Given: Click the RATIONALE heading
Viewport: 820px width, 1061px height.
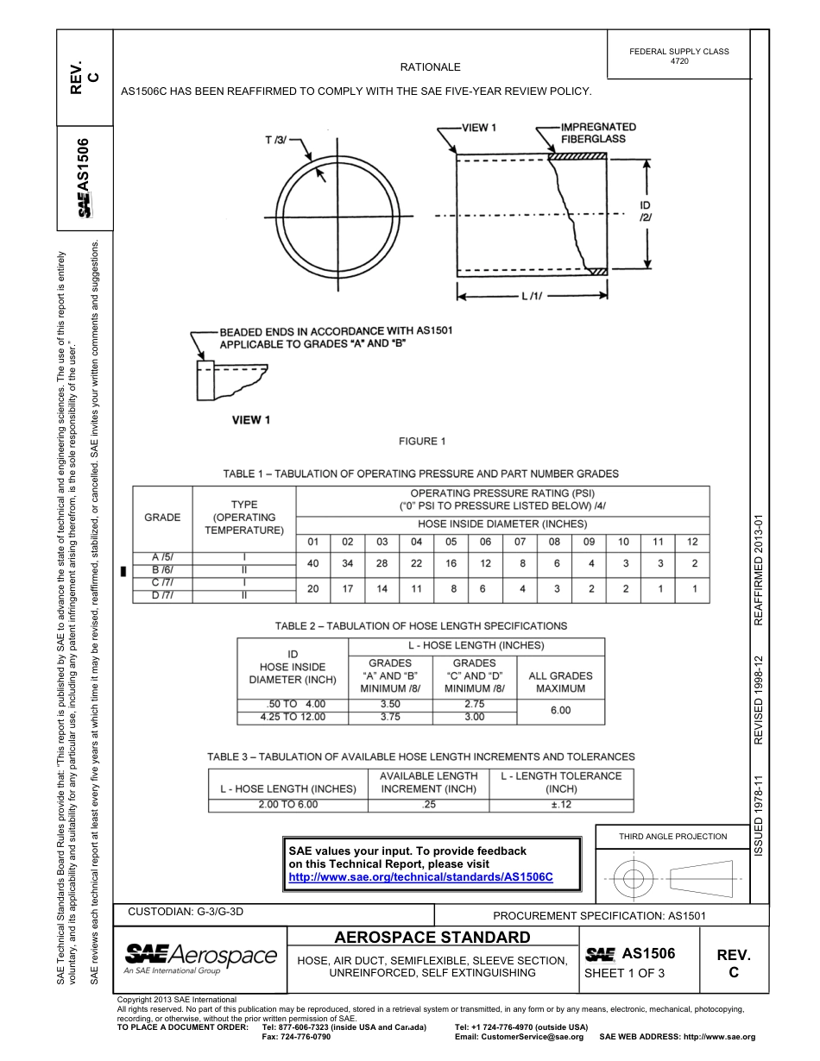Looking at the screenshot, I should (x=430, y=67).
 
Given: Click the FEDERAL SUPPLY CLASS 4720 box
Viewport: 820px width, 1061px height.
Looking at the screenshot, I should (x=678, y=56).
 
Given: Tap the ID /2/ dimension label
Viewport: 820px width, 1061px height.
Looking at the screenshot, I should (x=645, y=211).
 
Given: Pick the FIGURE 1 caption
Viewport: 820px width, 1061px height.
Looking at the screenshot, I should (x=422, y=442).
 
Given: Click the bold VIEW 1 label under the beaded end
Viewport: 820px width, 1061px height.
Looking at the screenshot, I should (x=251, y=420).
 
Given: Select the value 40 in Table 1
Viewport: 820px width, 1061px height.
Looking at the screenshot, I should (x=312, y=563).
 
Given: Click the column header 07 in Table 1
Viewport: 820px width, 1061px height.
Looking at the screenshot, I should (x=520, y=542).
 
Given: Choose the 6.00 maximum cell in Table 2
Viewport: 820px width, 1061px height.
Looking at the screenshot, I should (x=560, y=710).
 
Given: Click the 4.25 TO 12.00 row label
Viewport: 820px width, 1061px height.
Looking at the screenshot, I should (x=293, y=717).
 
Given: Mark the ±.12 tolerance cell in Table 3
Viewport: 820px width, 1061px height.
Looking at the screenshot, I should (x=559, y=805).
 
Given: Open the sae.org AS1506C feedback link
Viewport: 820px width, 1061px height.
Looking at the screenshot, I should (x=419, y=876).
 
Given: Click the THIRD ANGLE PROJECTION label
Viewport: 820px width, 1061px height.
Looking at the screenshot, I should (x=672, y=836).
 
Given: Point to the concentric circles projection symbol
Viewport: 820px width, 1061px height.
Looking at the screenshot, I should (x=634, y=879).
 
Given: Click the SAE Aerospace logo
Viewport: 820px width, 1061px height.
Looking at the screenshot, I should (x=200, y=957).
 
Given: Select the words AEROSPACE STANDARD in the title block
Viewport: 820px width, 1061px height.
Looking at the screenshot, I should (x=432, y=938).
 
